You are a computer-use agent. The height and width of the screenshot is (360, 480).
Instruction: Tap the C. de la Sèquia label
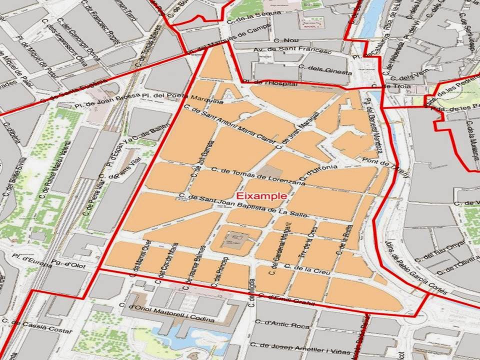tap(244, 18)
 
